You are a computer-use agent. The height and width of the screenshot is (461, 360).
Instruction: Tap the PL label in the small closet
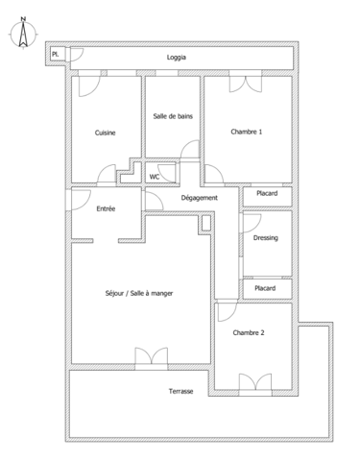[57, 56]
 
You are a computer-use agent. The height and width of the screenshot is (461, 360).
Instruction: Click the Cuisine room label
[105, 133]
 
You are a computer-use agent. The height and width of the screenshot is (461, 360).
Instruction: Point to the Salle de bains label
[173, 116]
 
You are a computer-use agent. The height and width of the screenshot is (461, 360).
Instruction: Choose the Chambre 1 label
[247, 132]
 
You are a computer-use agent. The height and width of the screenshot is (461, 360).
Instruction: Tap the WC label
[154, 177]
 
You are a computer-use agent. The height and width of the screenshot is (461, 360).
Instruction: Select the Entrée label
[107, 208]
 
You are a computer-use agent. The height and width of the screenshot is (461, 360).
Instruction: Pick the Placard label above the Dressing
[266, 194]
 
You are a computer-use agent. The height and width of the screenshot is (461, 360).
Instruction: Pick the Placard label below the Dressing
[266, 288]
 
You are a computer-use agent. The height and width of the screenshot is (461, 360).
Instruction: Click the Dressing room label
[266, 238]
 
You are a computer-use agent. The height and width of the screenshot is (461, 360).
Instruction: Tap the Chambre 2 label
[249, 332]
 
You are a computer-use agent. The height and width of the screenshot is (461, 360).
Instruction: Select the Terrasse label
[181, 391]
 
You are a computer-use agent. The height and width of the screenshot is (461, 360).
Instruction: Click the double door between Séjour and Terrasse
[149, 360]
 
